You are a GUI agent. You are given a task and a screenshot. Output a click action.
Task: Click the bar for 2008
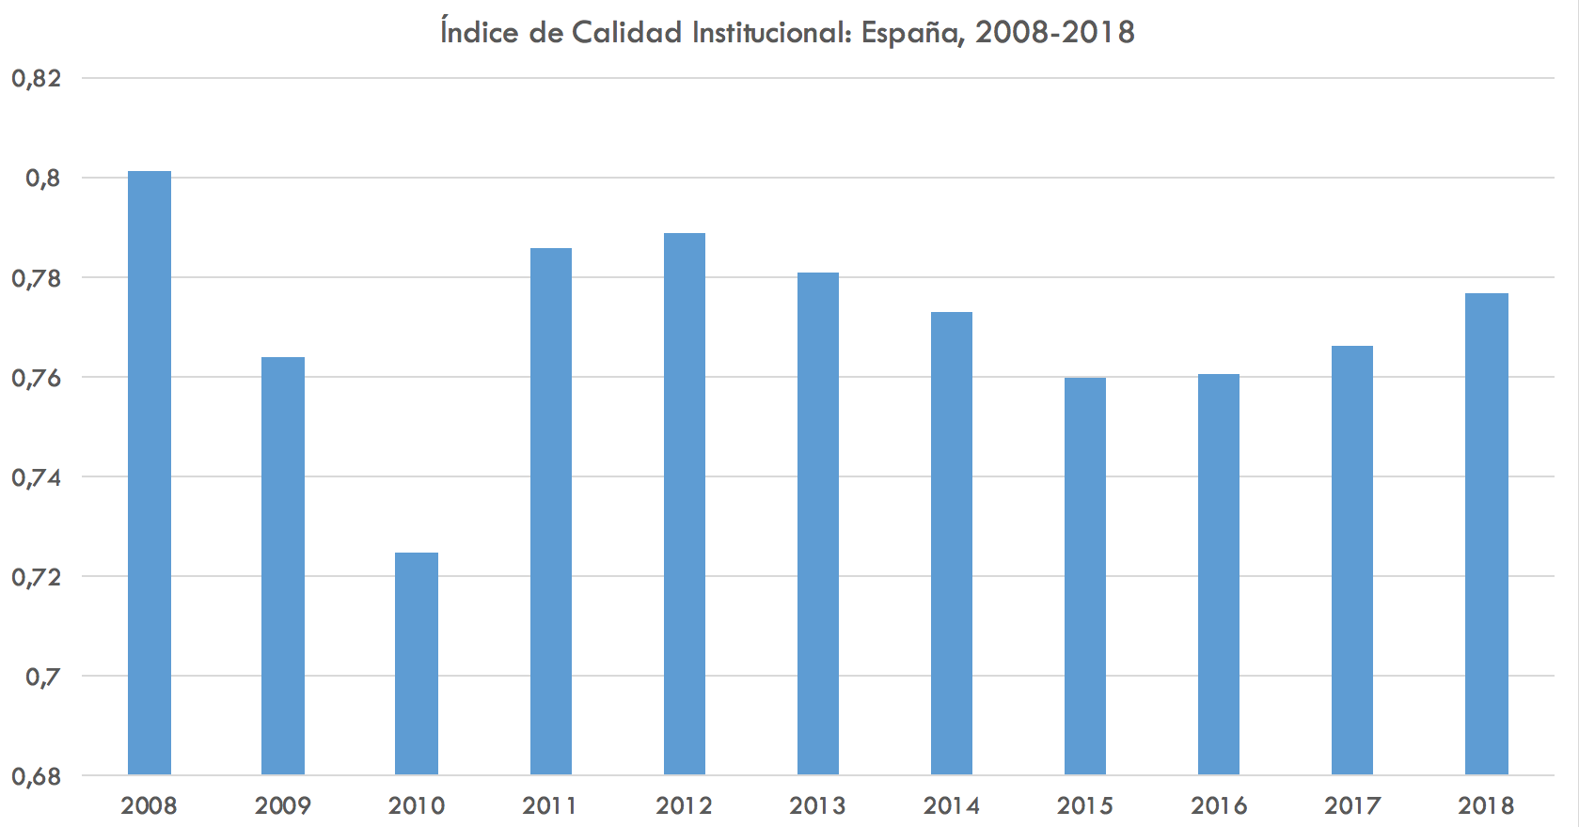click(150, 474)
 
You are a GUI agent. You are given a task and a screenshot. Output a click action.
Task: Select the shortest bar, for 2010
click(417, 664)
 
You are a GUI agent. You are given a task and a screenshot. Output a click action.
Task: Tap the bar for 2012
click(685, 505)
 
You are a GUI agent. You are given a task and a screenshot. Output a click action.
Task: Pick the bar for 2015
click(1085, 576)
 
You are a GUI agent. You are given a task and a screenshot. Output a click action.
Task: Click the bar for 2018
click(1487, 535)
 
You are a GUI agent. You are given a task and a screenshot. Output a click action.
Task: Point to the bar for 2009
click(283, 567)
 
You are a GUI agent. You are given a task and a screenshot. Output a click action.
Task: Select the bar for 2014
click(952, 544)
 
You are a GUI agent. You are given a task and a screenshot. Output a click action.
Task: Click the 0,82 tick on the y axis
click(37, 78)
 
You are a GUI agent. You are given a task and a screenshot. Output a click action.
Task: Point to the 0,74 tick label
click(37, 477)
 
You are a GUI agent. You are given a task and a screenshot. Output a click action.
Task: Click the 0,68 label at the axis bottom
click(37, 777)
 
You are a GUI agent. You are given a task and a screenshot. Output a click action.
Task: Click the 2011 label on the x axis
click(550, 805)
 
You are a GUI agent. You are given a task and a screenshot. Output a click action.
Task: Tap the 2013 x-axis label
click(818, 805)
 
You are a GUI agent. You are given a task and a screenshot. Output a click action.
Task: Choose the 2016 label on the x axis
click(1219, 805)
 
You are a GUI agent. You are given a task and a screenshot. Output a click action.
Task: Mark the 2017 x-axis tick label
click(1352, 805)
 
